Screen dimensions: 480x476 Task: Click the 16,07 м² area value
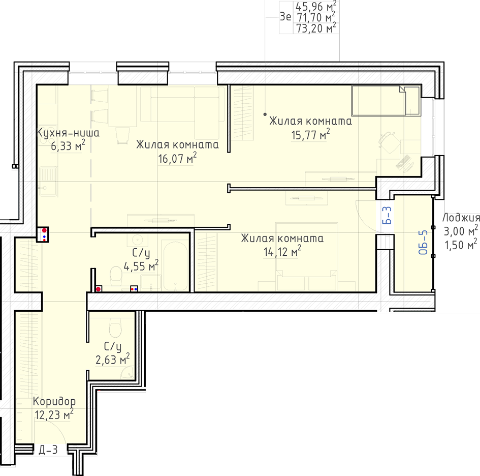coord(177,158)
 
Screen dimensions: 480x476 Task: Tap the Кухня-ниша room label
coord(68,133)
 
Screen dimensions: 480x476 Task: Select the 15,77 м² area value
coord(310,135)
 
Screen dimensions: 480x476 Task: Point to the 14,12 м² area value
coord(282,252)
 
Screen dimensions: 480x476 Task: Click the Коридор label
coord(54,401)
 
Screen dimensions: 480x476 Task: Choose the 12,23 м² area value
coord(54,414)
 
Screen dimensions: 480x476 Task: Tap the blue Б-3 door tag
coord(387,215)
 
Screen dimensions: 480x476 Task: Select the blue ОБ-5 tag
coord(423,243)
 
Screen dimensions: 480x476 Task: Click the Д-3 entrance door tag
coord(48,450)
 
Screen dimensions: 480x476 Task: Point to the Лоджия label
coord(461,218)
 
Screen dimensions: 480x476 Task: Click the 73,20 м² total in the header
coord(316,28)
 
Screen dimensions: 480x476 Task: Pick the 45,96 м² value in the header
coord(316,6)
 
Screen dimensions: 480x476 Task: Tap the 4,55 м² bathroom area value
coord(141,266)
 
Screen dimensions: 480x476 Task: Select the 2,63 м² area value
coord(113,359)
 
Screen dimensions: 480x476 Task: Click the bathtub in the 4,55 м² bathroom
coord(175,266)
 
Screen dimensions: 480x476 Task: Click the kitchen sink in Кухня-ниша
coord(48,181)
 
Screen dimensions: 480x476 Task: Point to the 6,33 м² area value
coord(68,146)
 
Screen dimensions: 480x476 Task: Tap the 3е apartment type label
coord(285,17)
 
